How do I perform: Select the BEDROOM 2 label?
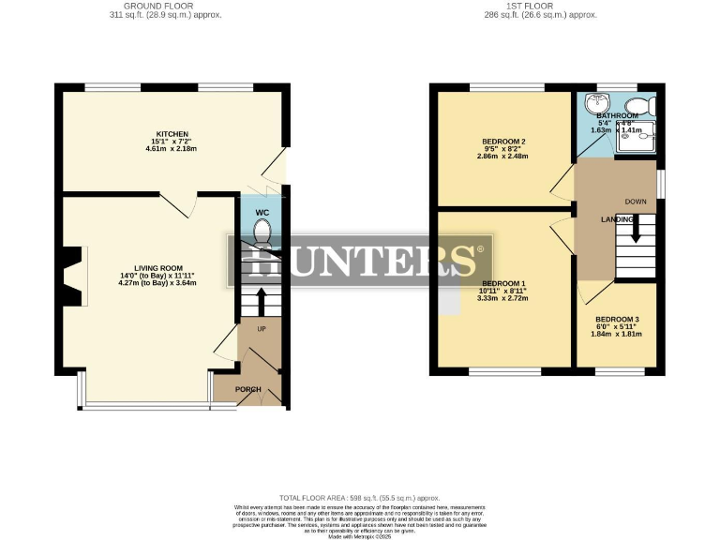(503, 142)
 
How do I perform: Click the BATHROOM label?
(617, 115)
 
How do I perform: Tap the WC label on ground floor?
(262, 213)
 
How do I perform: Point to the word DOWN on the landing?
(636, 201)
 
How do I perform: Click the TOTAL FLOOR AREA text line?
(359, 498)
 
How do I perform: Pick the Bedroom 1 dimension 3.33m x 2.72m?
(503, 298)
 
